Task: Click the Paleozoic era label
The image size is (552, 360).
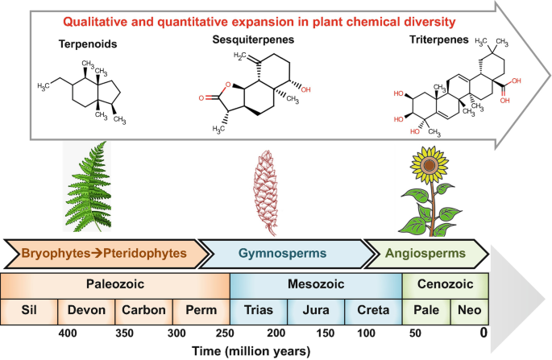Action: (x=116, y=285)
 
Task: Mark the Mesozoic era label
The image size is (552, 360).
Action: (x=316, y=285)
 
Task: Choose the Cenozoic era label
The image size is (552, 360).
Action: (x=445, y=285)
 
